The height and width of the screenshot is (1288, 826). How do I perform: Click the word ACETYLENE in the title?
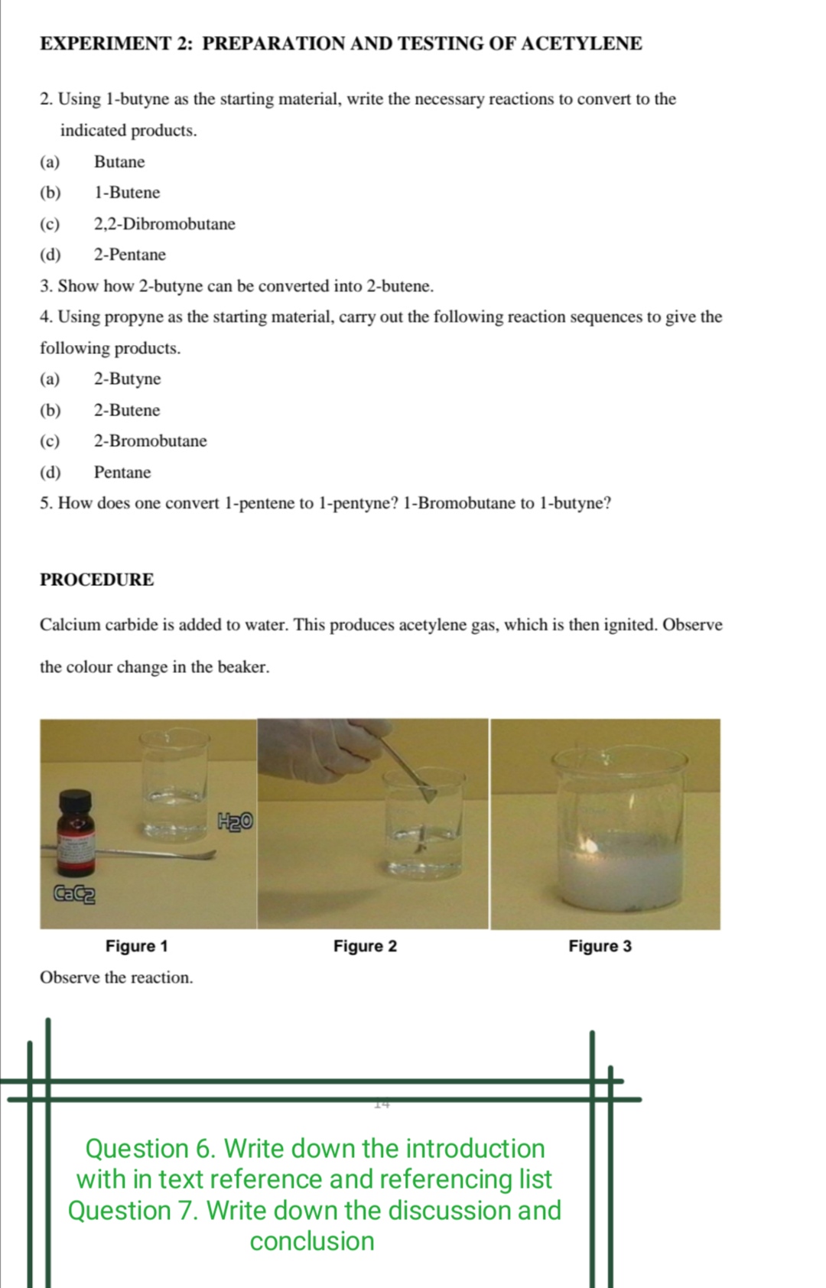pyautogui.click(x=581, y=44)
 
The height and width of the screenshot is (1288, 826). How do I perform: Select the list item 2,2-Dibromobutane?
pyautogui.click(x=164, y=224)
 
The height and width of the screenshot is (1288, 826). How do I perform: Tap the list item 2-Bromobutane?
pyautogui.click(x=150, y=441)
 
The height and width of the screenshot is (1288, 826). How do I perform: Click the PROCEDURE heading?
pyautogui.click(x=97, y=580)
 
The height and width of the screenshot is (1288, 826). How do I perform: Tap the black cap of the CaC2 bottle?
pyautogui.click(x=75, y=803)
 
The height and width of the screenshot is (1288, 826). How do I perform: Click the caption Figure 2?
pyautogui.click(x=365, y=946)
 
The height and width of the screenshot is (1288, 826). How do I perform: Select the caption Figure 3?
pyautogui.click(x=600, y=946)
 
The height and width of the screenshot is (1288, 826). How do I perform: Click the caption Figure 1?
pyautogui.click(x=137, y=946)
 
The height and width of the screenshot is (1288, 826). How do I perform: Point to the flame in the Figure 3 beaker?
pyautogui.click(x=590, y=844)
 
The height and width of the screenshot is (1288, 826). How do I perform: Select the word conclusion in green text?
pyautogui.click(x=312, y=1241)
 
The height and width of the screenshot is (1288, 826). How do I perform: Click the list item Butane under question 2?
pyautogui.click(x=119, y=162)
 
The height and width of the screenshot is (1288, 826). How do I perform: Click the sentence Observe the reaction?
pyautogui.click(x=116, y=977)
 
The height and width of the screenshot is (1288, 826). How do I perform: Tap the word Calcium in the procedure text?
pyautogui.click(x=70, y=625)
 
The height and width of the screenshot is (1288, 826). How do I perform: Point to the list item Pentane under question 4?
pyautogui.click(x=122, y=473)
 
